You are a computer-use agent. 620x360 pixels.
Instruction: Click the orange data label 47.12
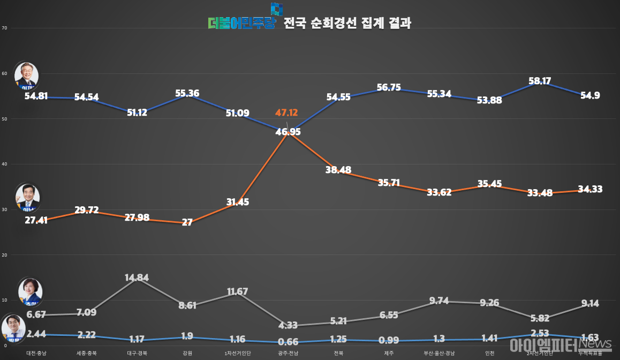tap(286, 113)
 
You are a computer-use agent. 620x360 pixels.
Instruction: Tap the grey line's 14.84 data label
tap(137, 277)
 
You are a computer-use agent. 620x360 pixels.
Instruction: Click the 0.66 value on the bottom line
tap(288, 342)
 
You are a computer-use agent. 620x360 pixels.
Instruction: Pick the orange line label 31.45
tap(238, 202)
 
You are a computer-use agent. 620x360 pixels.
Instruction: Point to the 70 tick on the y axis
tap(4, 28)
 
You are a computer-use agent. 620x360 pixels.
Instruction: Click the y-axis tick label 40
tap(4, 164)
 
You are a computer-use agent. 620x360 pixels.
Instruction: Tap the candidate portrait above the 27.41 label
tap(28, 198)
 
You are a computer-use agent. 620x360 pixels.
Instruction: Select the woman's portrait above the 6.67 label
tap(30, 291)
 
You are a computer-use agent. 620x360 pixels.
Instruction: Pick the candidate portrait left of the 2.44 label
tap(14, 328)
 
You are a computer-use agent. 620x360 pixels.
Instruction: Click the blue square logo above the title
tap(276, 9)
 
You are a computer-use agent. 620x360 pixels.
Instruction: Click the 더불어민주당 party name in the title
tap(241, 24)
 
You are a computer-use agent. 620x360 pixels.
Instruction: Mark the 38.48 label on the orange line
tap(338, 169)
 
